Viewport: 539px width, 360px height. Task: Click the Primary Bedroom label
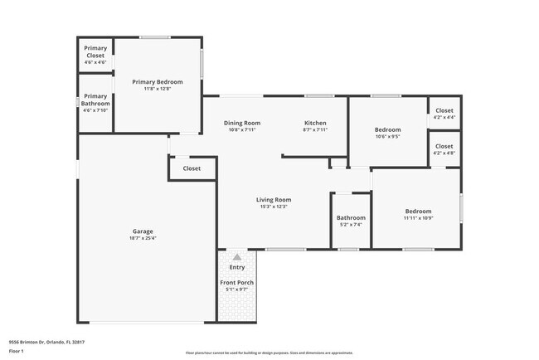158,81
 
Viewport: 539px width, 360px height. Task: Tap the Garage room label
143,231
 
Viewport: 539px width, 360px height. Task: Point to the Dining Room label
242,123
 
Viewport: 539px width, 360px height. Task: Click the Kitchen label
315,123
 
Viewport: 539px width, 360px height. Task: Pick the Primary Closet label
95,51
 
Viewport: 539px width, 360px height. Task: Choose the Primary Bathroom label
96,100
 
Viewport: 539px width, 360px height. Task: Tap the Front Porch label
237,283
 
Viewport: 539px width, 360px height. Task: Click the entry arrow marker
237,257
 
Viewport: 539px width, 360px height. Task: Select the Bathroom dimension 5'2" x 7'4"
351,225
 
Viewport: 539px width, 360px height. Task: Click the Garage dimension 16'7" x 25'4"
143,238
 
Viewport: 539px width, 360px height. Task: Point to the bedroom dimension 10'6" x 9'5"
387,137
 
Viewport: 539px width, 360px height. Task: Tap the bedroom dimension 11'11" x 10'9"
418,218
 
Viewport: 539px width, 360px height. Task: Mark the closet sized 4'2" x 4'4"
444,117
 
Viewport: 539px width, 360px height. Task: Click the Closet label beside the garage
192,168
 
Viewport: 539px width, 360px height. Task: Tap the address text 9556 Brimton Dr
42,340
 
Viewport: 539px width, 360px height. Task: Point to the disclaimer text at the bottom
269,352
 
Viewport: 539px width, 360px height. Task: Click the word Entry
237,267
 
